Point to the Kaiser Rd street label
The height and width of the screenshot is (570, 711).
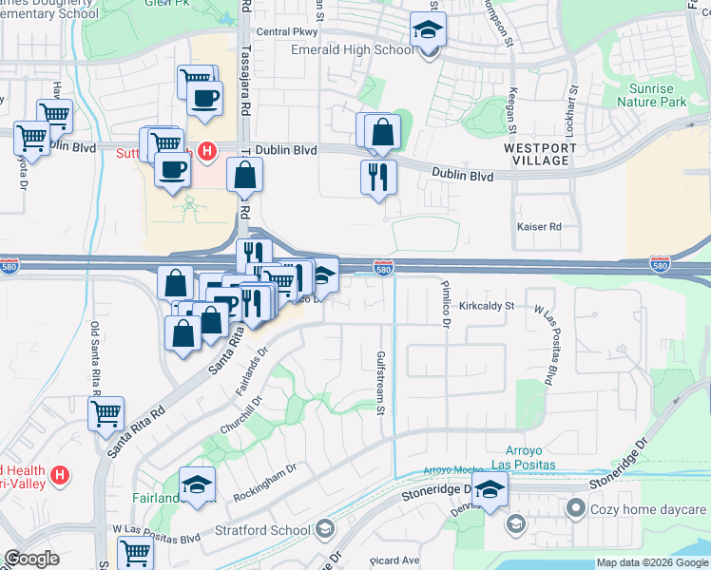click(539, 227)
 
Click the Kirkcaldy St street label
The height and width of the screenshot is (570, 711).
click(486, 306)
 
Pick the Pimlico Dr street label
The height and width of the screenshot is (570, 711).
click(444, 303)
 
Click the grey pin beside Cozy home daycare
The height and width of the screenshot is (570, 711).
click(575, 510)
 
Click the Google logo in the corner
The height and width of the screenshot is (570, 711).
click(31, 560)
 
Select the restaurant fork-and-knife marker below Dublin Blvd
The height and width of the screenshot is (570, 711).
click(378, 177)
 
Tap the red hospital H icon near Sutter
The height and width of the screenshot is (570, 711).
click(208, 150)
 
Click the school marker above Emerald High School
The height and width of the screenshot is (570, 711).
click(429, 29)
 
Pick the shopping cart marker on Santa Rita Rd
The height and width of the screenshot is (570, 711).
click(106, 413)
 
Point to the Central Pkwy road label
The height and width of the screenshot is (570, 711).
click(286, 32)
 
